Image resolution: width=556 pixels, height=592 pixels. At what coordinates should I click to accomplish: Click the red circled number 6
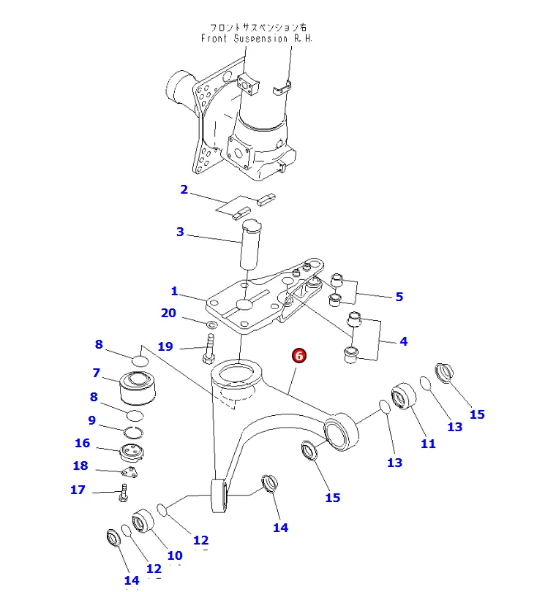[x=299, y=356]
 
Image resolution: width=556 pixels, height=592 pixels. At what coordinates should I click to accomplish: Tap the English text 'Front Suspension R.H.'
[x=256, y=38]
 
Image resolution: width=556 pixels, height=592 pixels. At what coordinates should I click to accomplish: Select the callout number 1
[x=174, y=292]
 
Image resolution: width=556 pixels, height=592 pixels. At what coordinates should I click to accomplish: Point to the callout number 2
[x=184, y=190]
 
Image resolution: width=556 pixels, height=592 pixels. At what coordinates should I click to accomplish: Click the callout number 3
[x=180, y=232]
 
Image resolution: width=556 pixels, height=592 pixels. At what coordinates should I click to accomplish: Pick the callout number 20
[x=169, y=314]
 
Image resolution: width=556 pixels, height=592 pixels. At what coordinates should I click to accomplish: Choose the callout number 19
[x=165, y=346]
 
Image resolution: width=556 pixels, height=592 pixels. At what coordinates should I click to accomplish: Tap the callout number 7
[x=96, y=373]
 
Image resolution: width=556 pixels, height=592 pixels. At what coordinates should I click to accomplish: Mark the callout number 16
[x=82, y=443]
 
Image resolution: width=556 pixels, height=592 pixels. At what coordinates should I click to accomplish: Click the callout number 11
[x=428, y=444]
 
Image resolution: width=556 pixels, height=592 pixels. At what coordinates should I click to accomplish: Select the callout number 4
[x=403, y=341]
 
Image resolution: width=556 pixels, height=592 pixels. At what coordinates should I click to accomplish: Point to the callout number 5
[x=399, y=297]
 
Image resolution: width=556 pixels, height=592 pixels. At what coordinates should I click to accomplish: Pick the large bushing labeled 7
[x=138, y=390]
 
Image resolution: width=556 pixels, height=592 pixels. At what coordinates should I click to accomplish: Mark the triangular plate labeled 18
[x=132, y=473]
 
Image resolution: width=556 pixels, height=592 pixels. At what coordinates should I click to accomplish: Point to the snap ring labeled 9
[x=133, y=432]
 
